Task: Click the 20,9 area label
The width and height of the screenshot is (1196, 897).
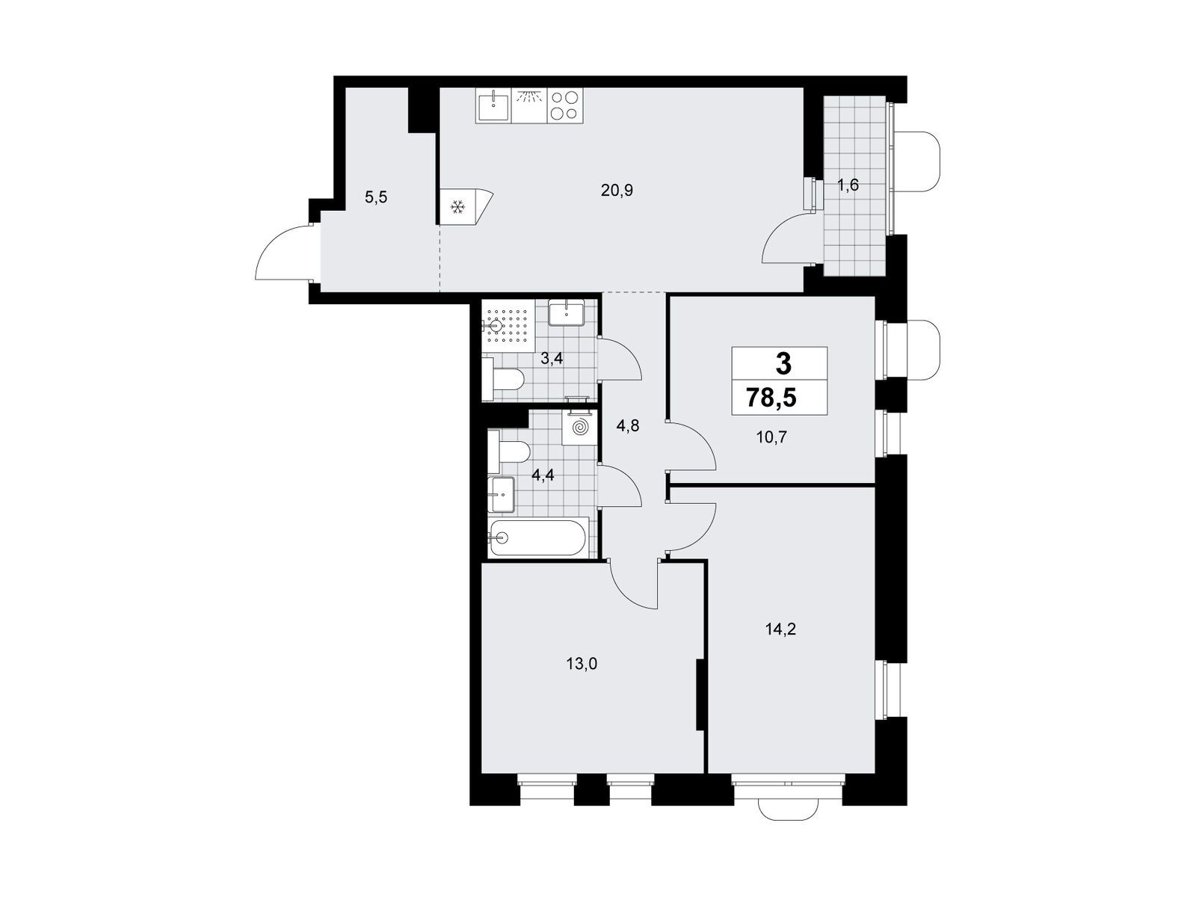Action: [617, 191]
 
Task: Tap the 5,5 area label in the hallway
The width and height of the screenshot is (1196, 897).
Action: [376, 197]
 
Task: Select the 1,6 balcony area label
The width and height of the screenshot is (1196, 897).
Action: [848, 185]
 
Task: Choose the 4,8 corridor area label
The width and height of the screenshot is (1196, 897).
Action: [628, 425]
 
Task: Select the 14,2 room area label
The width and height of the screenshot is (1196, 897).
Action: [780, 629]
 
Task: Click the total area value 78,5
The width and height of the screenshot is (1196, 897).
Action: [771, 398]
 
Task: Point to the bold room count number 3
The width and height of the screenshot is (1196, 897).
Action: [783, 364]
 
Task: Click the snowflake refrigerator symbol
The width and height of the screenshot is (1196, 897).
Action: [457, 207]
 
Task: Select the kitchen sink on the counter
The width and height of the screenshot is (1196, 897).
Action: [493, 106]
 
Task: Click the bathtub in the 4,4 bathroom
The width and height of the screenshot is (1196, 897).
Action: [537, 538]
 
